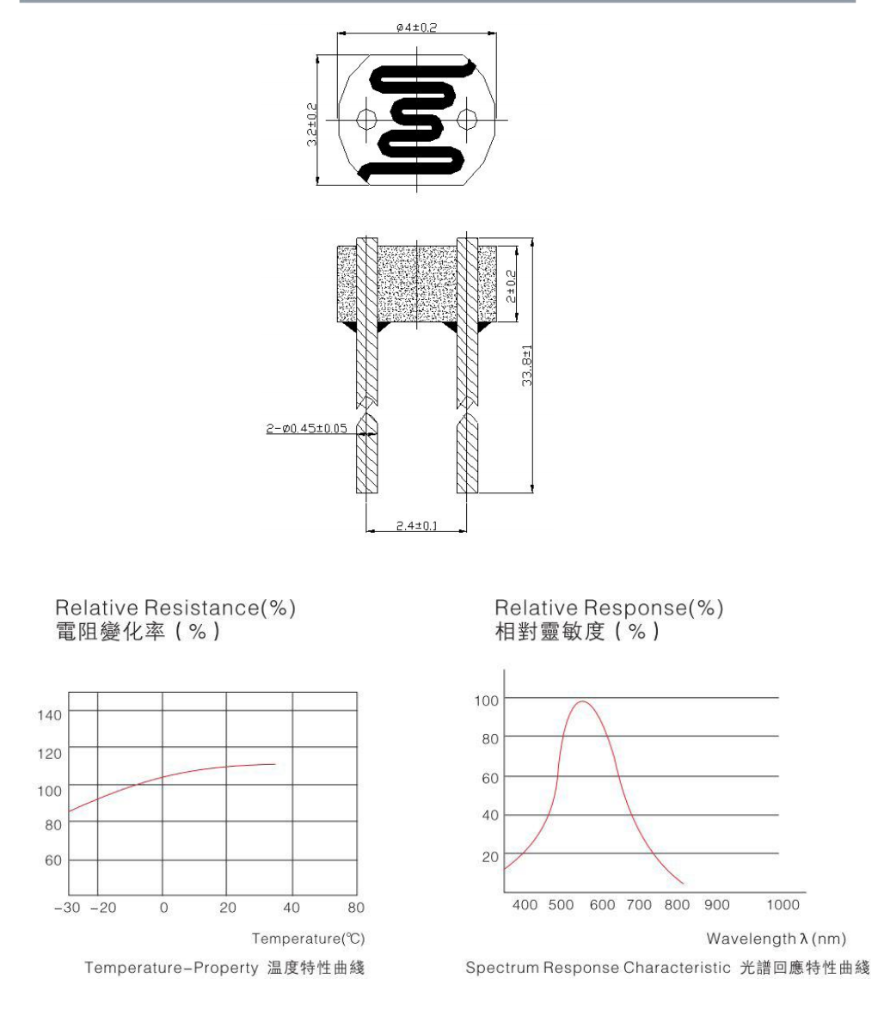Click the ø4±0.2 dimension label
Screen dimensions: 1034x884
[417, 28]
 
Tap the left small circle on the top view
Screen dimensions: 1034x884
[365, 119]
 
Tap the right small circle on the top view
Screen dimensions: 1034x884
[468, 119]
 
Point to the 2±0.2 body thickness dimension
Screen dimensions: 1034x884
[511, 285]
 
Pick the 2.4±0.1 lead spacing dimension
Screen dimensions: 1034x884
[415, 525]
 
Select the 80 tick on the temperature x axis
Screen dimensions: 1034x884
[356, 908]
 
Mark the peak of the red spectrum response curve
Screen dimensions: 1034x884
[583, 702]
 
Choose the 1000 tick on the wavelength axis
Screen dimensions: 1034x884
[783, 905]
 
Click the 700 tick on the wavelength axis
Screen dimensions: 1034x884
[639, 905]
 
